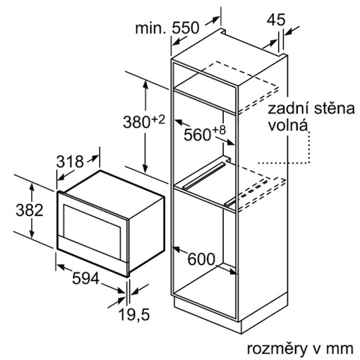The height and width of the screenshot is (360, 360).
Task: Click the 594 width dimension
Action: point(86,278)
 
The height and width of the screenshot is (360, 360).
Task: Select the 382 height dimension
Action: point(29,210)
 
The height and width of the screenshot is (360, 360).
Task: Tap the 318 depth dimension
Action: point(70,161)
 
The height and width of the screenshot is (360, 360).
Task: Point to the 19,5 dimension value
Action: point(134,315)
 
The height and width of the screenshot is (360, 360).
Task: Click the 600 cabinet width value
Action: point(201,259)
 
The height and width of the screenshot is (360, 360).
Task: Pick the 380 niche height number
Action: point(137,122)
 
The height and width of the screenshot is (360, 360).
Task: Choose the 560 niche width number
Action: point(197,135)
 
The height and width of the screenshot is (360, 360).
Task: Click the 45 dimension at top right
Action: point(276,20)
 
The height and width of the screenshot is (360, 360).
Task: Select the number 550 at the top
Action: point(186,28)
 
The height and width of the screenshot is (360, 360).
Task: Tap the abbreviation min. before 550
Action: point(151,28)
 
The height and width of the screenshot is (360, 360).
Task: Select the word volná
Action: point(288,125)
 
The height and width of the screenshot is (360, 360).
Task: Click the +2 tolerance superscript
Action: point(158,120)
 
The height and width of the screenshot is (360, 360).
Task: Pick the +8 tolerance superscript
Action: point(219,130)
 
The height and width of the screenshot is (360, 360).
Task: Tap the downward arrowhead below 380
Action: point(145,168)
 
